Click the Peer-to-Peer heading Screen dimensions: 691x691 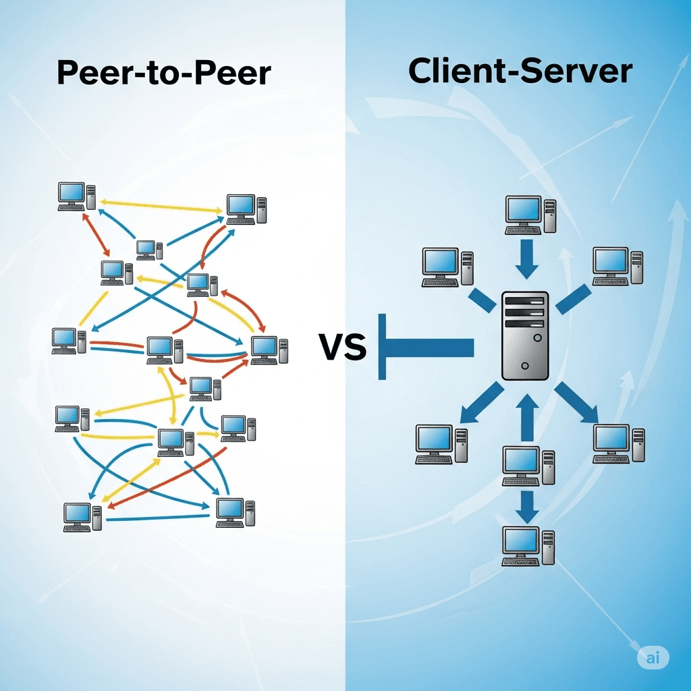164,73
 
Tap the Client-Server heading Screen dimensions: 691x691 520,72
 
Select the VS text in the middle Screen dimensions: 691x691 343,348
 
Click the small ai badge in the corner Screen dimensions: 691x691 653,658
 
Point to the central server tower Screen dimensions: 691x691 525,335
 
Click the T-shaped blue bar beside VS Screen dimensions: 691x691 425,347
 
